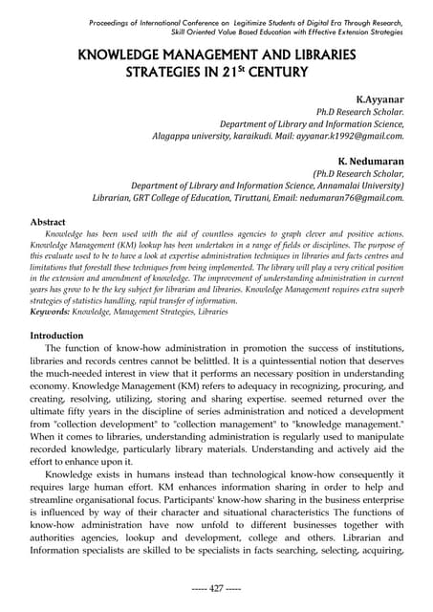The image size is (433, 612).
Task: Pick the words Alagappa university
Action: point(197,136)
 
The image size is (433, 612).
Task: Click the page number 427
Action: point(216,588)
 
